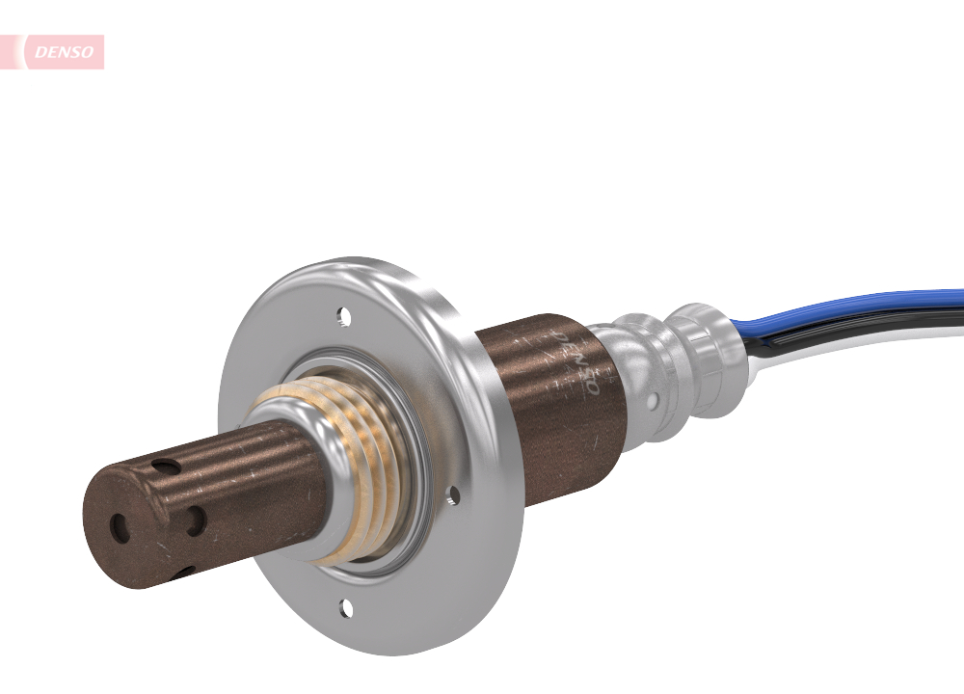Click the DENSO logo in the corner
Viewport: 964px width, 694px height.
point(64,52)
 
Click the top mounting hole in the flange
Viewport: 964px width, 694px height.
point(341,313)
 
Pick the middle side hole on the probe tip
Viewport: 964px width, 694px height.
point(196,521)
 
